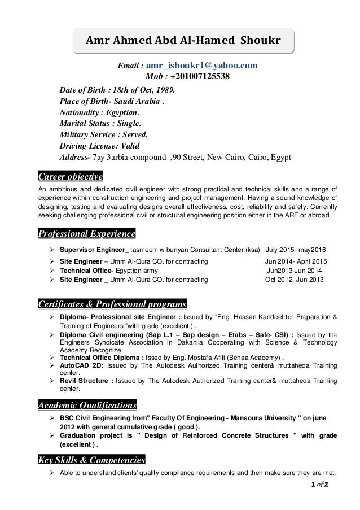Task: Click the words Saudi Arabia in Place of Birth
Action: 135,102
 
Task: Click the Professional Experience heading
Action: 86,233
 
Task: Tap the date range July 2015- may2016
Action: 296,250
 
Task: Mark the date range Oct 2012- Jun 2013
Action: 295,279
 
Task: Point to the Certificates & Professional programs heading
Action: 112,305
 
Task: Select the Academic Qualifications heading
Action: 87,405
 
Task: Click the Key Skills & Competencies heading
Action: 91,459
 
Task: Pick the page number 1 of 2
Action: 319,485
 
